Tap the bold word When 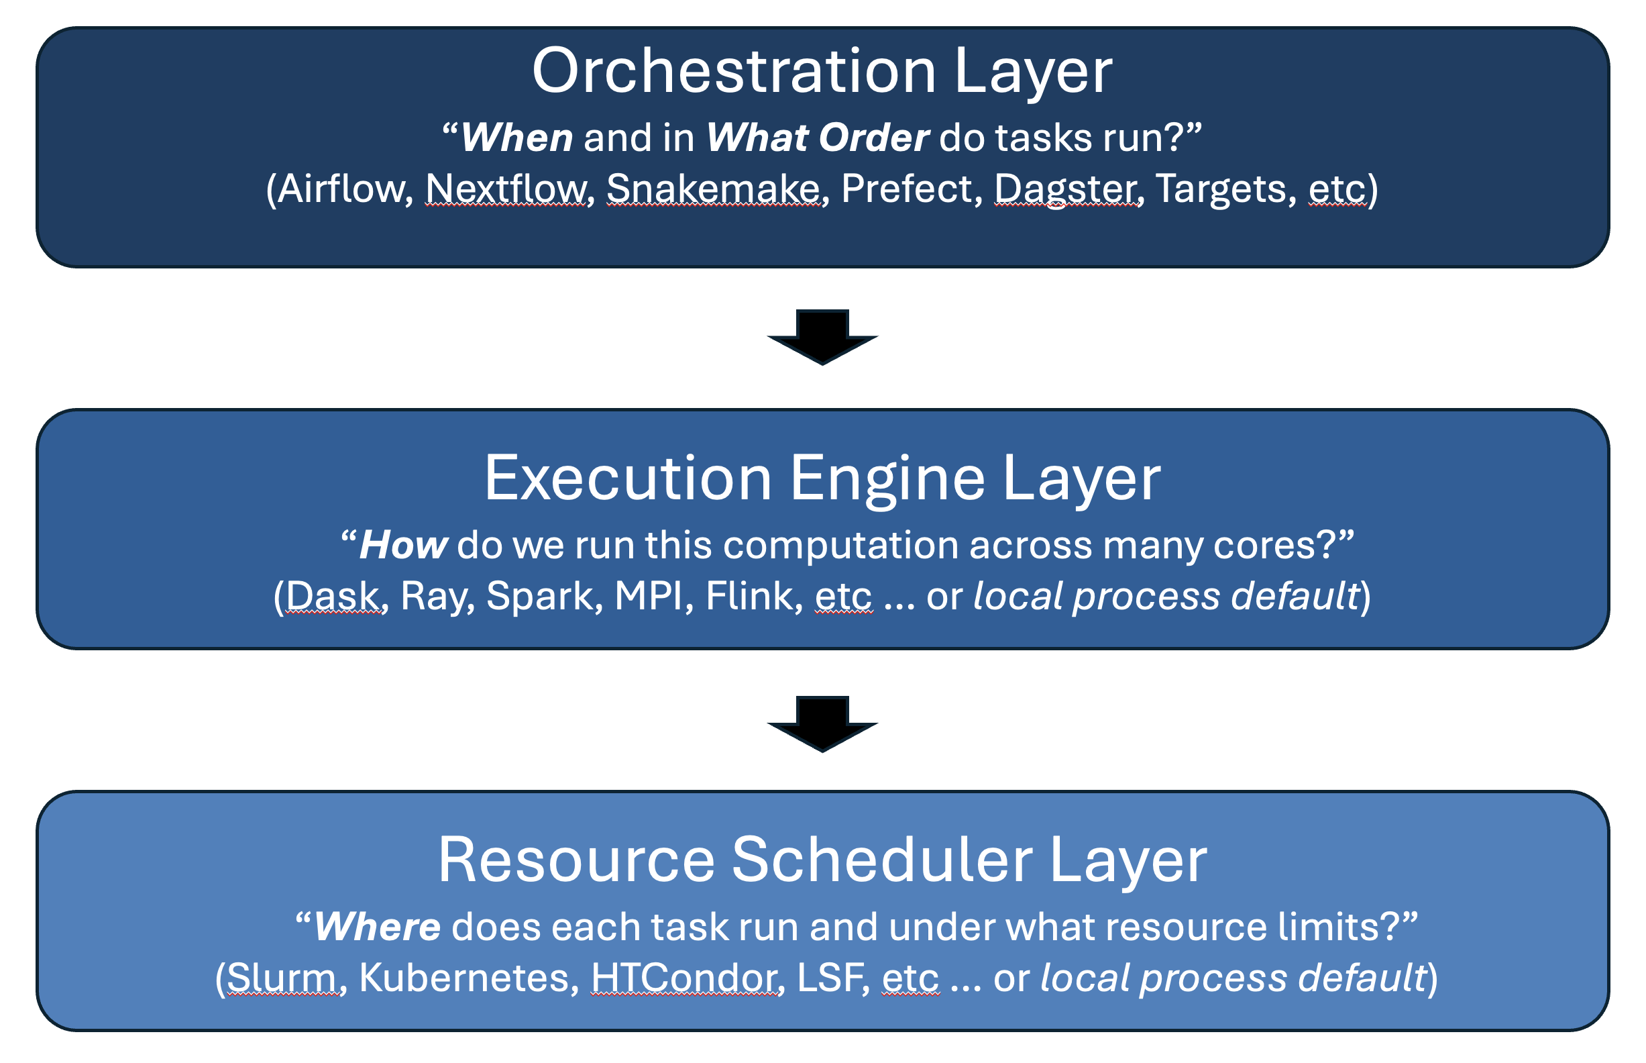(516, 138)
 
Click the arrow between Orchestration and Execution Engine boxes (822, 336)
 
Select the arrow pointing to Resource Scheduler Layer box (822, 723)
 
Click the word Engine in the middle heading (887, 478)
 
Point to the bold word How (404, 545)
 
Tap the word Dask (333, 596)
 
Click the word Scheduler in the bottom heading (881, 860)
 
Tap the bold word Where (377, 926)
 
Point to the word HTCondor (686, 977)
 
